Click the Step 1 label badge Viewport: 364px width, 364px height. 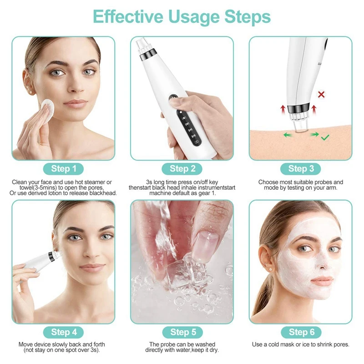[64, 169]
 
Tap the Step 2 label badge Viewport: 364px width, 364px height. [182, 169]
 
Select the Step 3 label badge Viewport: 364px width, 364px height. [301, 169]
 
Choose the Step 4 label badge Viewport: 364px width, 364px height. [64, 332]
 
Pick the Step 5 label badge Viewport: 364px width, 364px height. [182, 332]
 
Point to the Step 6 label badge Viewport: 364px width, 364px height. [301, 332]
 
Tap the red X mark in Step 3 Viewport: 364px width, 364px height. [321, 95]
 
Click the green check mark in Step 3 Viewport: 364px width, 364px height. [325, 136]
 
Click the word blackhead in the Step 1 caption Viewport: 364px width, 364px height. [104, 193]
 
